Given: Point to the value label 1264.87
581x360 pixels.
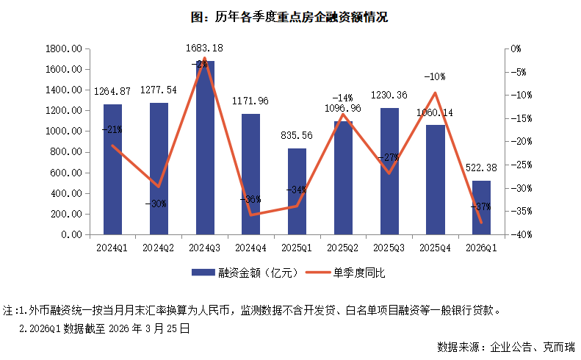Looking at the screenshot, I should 112,92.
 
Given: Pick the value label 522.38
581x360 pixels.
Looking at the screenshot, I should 481,168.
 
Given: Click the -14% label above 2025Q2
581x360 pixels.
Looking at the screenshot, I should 343,98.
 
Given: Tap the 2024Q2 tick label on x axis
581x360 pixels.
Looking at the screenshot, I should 159,248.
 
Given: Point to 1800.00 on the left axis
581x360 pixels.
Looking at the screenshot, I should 63,49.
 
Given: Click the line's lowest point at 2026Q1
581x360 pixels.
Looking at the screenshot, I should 481,222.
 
